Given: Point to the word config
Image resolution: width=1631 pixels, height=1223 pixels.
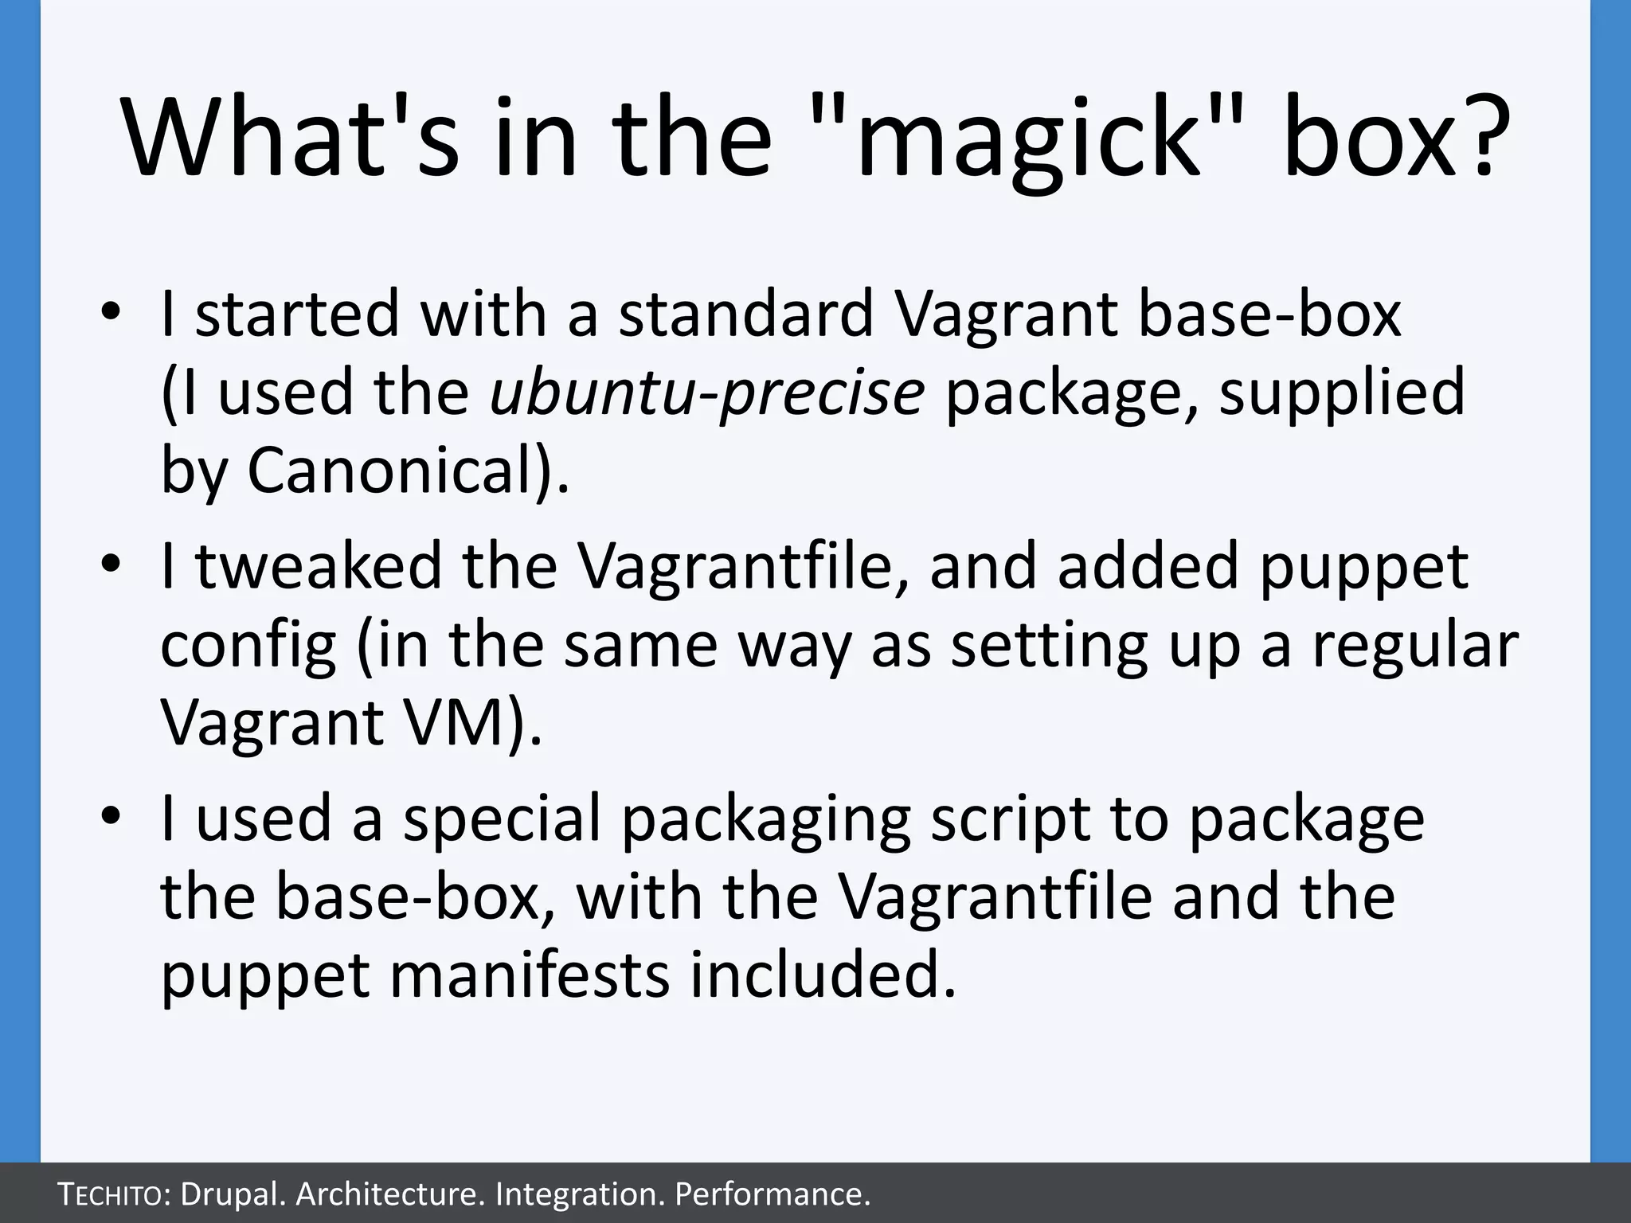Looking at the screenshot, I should pos(248,645).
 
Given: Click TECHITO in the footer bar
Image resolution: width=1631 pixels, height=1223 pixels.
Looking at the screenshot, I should pos(113,1194).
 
